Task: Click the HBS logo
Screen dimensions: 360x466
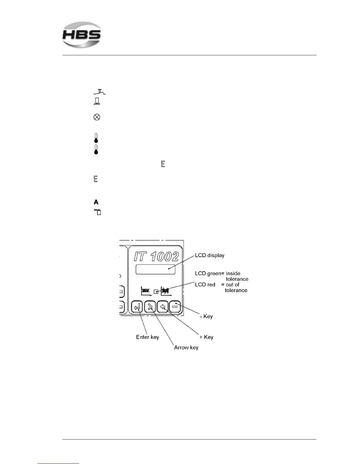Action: click(81, 35)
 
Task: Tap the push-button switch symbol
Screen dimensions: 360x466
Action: click(99, 92)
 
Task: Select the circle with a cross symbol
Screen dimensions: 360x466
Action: click(96, 117)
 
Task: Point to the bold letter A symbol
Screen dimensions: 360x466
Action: click(96, 202)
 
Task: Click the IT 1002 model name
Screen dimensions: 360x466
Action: click(156, 257)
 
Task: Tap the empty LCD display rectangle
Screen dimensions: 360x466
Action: click(155, 269)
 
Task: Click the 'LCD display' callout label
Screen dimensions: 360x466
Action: click(209, 255)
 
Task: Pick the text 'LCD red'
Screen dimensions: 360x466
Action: click(205, 285)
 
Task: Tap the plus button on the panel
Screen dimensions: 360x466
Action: click(162, 307)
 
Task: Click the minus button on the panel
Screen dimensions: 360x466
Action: click(175, 307)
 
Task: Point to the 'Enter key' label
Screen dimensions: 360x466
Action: click(147, 337)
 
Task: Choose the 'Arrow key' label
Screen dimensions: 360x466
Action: click(186, 347)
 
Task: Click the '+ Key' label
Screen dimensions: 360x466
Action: click(206, 337)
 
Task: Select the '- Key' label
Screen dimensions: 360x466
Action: click(206, 317)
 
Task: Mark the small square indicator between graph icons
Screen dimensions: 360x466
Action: click(156, 292)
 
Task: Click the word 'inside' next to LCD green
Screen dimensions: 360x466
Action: click(233, 274)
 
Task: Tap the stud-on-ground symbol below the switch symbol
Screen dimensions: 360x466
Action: click(96, 102)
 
